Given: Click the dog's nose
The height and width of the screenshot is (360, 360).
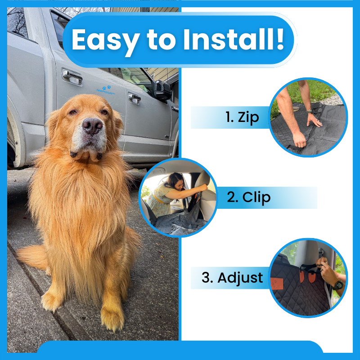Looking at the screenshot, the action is [x=92, y=126].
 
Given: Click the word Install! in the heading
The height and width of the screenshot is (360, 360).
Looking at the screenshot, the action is [x=234, y=39].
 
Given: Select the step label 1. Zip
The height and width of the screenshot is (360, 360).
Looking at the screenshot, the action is [x=242, y=117].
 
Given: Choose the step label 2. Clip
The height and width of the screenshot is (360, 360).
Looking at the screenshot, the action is [x=249, y=198].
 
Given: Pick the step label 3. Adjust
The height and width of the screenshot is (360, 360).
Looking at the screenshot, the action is [x=232, y=278].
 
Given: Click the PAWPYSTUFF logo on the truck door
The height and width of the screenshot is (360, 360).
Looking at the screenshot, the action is [x=106, y=90].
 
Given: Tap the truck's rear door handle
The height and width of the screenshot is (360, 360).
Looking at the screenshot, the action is [x=72, y=76].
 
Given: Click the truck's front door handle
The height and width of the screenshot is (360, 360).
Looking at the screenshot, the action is [x=135, y=98].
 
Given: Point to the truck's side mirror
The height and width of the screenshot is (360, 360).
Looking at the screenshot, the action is [x=162, y=90].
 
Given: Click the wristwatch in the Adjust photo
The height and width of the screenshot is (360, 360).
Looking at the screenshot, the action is [x=338, y=285].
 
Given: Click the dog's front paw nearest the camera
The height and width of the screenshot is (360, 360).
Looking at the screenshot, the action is [x=112, y=318].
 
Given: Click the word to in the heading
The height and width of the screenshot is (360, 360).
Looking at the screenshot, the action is [x=161, y=40].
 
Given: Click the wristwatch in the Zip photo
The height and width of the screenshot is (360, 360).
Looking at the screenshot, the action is [x=310, y=111].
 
